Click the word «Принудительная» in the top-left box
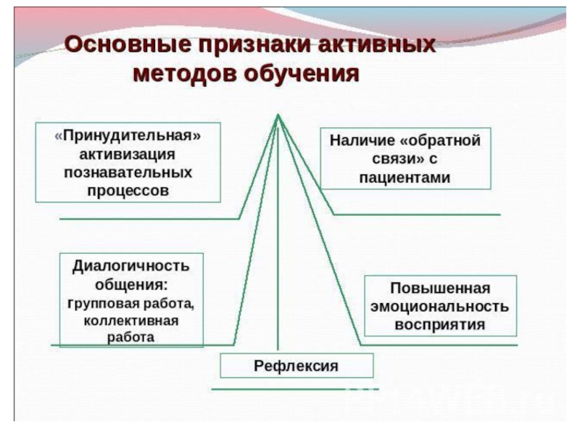tap(128, 136)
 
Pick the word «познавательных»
tap(128, 174)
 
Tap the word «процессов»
tap(128, 192)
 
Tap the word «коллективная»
tap(130, 320)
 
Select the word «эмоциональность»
tap(439, 305)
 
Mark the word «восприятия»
tap(439, 324)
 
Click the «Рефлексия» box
tap(297, 365)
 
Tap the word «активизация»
tap(128, 155)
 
